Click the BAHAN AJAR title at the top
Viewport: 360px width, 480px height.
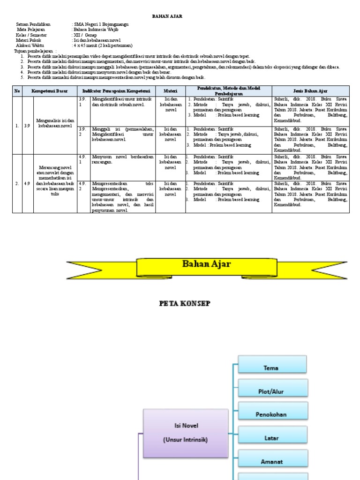(x=167, y=16)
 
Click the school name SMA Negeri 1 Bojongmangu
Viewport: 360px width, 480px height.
(x=101, y=24)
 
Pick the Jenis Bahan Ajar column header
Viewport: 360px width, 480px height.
(x=310, y=90)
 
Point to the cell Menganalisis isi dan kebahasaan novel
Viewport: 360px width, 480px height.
(x=55, y=123)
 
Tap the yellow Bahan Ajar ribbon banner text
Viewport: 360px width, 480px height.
(x=206, y=264)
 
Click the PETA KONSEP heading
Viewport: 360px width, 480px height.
(x=185, y=303)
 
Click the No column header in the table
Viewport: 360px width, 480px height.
(x=17, y=90)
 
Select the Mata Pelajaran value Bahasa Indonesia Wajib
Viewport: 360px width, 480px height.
(x=96, y=30)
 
